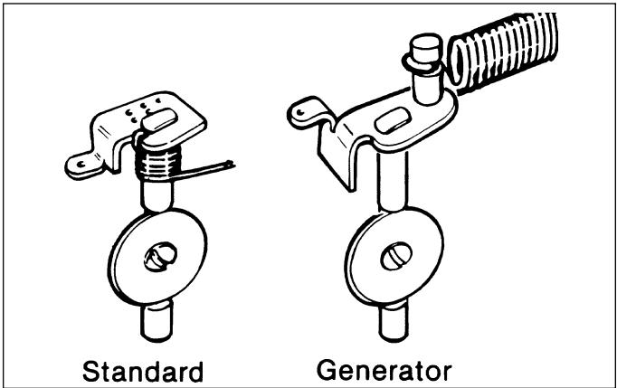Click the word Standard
143,372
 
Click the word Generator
384,370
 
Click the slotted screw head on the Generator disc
396,256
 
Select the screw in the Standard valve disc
160,257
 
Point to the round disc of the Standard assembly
157,257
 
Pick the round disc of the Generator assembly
394,257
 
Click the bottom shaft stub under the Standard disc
157,321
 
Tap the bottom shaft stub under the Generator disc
394,322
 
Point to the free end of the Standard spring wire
232,164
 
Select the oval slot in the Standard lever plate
159,119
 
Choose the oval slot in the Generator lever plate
393,120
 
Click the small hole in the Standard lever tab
81,165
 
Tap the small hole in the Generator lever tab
301,112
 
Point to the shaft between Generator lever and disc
393,181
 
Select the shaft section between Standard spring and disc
157,195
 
